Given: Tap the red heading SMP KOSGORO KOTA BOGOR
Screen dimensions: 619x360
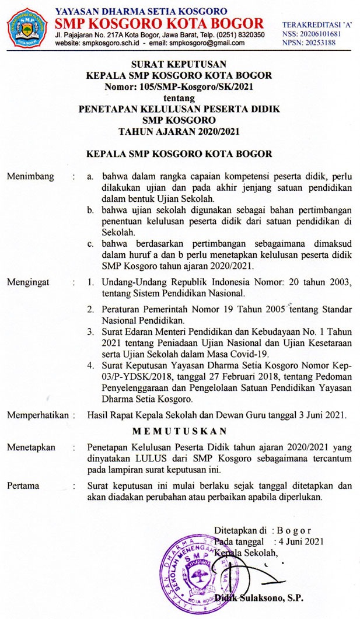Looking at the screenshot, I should click(159, 24).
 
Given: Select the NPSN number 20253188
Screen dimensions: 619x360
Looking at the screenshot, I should click(321, 43).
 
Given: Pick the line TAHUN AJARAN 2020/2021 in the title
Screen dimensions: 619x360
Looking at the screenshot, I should click(179, 131).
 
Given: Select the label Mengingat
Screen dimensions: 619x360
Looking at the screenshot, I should click(28, 283).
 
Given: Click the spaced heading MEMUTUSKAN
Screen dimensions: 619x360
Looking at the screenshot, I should click(179, 431).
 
